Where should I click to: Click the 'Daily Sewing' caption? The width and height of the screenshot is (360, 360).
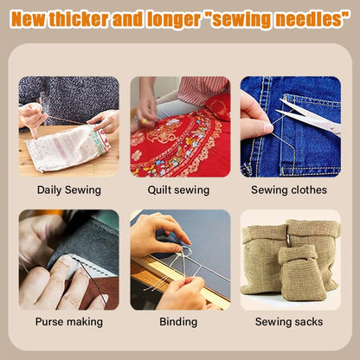coord(69,189)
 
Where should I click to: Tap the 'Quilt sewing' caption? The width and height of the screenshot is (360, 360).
coord(180,189)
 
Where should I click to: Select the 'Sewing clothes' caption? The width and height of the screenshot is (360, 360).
coord(290,189)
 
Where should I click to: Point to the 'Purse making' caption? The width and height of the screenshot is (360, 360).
coord(69,322)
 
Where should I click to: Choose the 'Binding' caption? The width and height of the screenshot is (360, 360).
coord(180,322)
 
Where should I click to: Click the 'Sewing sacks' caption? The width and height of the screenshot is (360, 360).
coord(290,322)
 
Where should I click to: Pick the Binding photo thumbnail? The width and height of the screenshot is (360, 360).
coord(180,260)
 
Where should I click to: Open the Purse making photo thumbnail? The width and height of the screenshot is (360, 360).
coord(69,260)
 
